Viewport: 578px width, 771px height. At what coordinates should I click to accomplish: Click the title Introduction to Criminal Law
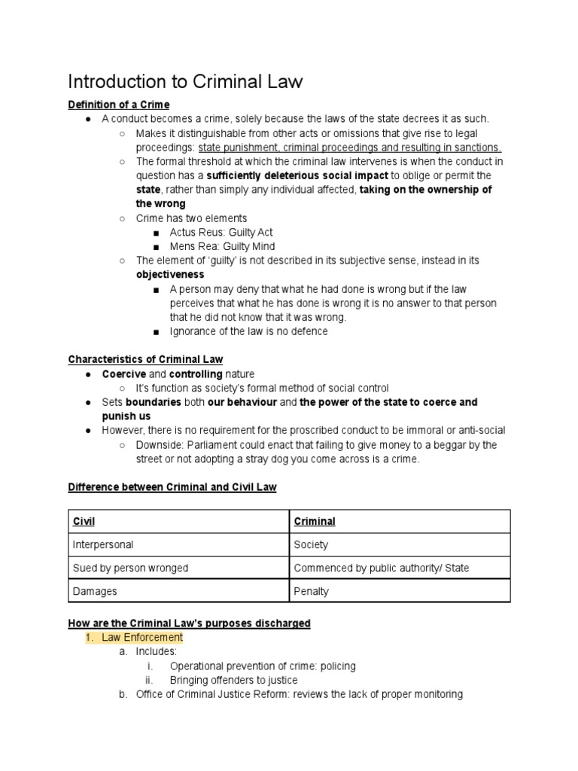185,81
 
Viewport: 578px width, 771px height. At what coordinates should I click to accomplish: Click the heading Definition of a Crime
118,105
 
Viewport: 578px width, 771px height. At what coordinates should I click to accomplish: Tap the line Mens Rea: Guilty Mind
222,246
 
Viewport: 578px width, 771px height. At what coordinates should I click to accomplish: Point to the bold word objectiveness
169,275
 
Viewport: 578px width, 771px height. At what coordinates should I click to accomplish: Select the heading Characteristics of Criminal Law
145,359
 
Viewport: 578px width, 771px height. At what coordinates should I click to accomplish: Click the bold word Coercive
124,374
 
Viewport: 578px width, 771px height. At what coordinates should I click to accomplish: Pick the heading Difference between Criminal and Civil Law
172,487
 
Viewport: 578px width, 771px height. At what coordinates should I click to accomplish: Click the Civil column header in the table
84,521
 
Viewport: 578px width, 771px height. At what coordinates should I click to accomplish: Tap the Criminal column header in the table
315,521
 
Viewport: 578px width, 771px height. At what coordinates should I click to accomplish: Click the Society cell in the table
311,544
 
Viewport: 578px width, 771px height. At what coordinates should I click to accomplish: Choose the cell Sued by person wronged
130,568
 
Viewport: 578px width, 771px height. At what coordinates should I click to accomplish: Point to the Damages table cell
93,591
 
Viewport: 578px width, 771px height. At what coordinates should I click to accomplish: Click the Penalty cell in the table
312,591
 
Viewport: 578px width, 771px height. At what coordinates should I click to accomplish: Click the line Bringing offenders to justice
233,680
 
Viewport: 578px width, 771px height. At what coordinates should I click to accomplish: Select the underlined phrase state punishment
240,148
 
